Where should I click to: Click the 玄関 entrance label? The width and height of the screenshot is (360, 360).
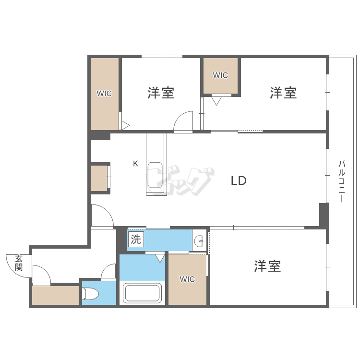19,263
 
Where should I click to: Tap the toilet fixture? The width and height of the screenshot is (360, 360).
90,293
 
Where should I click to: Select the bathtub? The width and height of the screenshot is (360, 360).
142,293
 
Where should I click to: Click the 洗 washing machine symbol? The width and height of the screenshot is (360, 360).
136,240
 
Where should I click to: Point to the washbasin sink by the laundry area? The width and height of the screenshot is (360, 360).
199,241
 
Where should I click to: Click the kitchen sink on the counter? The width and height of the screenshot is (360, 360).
155,175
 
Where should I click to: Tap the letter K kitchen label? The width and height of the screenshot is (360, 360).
135,164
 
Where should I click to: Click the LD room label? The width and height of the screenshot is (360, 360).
239,181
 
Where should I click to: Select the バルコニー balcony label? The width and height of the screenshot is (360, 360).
342,181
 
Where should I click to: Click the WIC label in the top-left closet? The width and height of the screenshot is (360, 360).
104,94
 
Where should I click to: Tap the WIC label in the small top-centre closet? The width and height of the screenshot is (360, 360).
220,75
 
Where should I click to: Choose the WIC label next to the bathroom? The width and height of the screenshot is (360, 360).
187,279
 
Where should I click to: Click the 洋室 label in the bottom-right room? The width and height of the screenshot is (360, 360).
267,266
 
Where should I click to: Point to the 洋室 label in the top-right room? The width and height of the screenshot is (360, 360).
283,93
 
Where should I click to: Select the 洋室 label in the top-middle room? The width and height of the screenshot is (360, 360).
161,93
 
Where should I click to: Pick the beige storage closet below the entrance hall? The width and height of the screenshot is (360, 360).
55,295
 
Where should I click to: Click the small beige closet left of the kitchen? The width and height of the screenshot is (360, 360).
99,179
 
